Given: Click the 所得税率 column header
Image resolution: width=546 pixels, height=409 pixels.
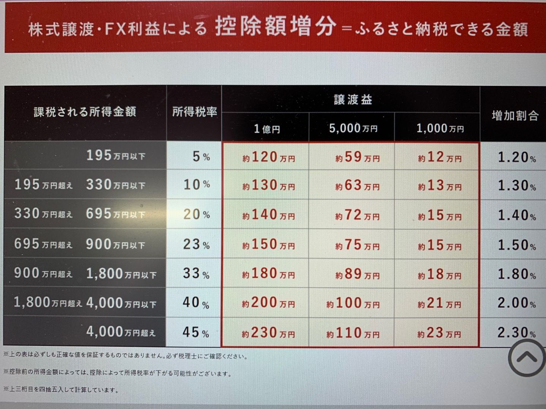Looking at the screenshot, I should click(195, 112).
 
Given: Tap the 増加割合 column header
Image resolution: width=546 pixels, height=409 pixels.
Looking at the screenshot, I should click(515, 116).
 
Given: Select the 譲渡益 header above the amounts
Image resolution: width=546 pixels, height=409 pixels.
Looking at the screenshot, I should click(353, 100).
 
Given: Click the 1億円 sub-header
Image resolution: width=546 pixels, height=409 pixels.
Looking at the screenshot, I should click(267, 129).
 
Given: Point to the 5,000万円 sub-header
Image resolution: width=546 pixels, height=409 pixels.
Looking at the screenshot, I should click(353, 128).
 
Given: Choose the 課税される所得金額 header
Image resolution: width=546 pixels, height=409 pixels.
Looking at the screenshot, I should click(85, 112).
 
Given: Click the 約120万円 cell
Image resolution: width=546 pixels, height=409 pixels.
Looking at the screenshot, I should click(268, 157).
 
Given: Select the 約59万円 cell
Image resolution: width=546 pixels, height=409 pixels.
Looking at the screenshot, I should click(357, 157).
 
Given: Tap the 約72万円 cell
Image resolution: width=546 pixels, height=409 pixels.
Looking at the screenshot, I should click(357, 215).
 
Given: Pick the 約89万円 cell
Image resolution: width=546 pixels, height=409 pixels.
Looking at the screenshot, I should click(357, 274).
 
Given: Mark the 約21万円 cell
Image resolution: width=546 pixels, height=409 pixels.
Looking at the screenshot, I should click(439, 303).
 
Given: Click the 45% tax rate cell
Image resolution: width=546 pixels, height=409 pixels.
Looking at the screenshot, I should click(196, 333).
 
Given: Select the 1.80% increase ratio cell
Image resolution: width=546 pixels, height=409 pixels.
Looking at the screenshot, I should click(516, 274).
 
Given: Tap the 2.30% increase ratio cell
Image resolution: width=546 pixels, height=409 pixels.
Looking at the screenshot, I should click(516, 333).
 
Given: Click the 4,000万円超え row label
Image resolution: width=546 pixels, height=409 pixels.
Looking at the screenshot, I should click(121, 332).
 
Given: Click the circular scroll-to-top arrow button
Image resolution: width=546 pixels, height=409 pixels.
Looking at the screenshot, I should click(527, 357).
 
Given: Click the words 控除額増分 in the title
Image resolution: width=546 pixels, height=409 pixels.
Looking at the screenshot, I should click(276, 27).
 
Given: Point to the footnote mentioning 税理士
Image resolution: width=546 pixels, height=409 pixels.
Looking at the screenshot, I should click(125, 356).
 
